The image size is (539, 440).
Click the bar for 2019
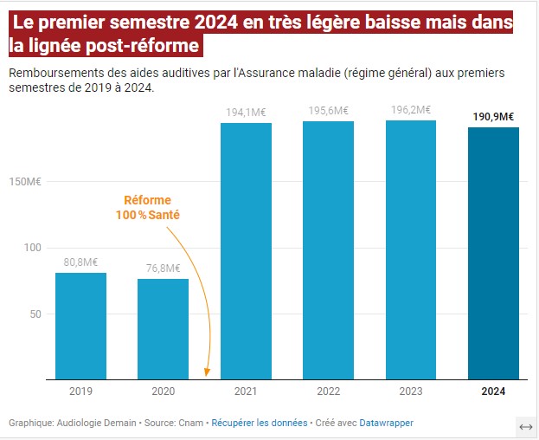[80, 326]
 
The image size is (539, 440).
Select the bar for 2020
[163, 328]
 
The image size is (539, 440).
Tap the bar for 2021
[246, 251]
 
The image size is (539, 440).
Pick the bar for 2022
[328, 250]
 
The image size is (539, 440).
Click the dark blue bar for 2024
[493, 253]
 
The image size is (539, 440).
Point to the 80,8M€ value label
[80, 262]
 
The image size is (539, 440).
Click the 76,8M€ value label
[163, 268]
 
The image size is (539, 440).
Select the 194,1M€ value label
[246, 112]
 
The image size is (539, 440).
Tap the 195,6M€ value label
[328, 110]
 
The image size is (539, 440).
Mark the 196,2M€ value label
[411, 110]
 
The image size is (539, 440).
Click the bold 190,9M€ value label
[493, 116]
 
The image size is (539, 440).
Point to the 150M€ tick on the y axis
[28, 182]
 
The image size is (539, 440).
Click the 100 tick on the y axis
[33, 248]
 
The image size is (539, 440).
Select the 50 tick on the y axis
[35, 314]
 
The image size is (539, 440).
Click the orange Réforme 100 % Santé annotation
[147, 207]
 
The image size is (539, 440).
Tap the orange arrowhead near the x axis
[207, 372]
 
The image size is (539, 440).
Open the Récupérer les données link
[260, 423]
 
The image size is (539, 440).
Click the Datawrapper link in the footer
[386, 423]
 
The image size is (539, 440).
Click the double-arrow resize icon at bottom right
[524, 427]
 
